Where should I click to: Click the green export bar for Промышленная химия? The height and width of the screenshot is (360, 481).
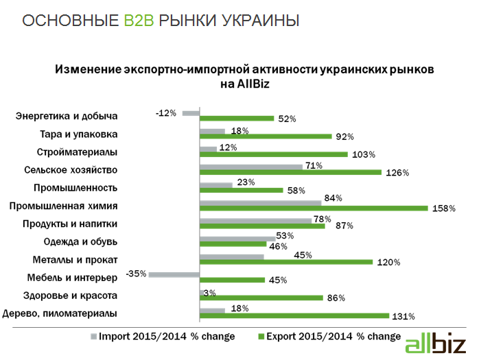click(313, 208)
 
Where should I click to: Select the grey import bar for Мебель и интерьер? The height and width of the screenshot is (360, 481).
click(174, 274)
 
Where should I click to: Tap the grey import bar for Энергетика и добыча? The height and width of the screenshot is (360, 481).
click(190, 112)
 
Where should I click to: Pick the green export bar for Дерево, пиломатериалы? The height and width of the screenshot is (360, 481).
click(294, 316)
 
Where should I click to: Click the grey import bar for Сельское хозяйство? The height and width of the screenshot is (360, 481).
click(250, 166)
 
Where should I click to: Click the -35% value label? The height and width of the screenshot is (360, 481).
click(136, 274)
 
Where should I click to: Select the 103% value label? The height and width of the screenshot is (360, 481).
click(363, 155)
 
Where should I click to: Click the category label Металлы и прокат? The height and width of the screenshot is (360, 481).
click(75, 260)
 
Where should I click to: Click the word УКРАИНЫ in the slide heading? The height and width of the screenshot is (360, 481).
click(261, 21)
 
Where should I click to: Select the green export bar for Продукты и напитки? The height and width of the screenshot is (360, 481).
click(261, 226)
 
